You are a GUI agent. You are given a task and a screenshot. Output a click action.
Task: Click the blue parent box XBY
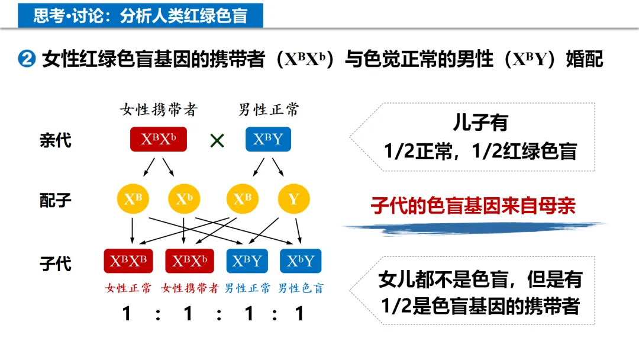tap(268, 140)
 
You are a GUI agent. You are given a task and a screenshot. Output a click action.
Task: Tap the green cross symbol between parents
tap(217, 141)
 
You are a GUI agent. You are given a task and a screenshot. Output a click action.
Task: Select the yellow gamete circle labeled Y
tap(293, 199)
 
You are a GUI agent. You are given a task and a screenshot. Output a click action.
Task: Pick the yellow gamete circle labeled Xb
tap(185, 199)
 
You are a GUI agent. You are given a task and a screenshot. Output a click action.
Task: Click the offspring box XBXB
tap(128, 261)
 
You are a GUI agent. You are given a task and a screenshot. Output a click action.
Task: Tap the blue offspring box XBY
tap(247, 261)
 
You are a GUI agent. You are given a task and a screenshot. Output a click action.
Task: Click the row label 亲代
tap(56, 140)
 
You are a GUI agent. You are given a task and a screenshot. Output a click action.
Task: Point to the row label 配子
tap(56, 200)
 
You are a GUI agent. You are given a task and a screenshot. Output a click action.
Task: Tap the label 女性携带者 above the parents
tap(159, 110)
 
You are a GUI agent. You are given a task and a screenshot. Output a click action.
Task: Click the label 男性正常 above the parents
tap(269, 110)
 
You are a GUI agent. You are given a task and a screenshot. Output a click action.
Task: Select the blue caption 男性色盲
tap(301, 288)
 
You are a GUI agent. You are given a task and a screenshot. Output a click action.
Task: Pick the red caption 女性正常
tap(128, 288)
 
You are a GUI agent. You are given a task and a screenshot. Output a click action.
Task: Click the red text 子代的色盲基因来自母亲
tap(473, 206)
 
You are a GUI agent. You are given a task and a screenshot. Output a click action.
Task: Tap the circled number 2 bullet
tap(28, 60)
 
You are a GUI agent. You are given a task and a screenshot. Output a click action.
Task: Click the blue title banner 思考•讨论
tap(140, 15)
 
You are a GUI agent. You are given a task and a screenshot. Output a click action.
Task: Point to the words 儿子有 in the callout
tap(480, 123)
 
